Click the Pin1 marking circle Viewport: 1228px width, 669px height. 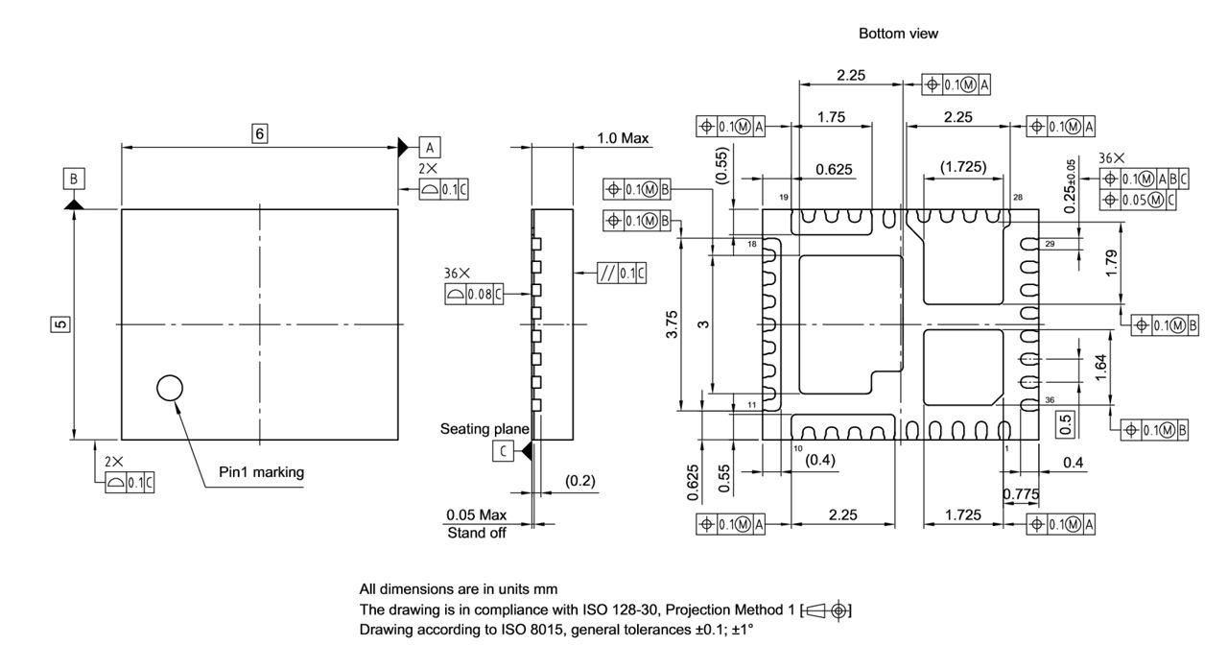[169, 388]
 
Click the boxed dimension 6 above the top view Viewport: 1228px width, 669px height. [259, 133]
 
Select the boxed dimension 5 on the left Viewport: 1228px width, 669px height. [60, 324]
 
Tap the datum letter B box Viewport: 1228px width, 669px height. [74, 178]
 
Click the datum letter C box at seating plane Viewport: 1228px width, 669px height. [504, 450]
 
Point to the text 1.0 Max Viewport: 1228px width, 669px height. [623, 138]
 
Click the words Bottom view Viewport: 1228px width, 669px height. [898, 34]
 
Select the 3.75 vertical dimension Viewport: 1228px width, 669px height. [673, 325]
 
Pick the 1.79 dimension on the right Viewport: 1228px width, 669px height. [1111, 263]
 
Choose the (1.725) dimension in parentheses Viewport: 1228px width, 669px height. [962, 167]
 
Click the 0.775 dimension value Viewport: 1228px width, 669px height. [1020, 494]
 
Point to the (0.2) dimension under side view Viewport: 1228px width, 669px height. [580, 479]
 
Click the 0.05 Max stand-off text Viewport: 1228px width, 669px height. [477, 515]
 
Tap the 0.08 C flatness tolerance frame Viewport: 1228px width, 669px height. [474, 295]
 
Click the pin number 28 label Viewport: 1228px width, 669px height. [1016, 197]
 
